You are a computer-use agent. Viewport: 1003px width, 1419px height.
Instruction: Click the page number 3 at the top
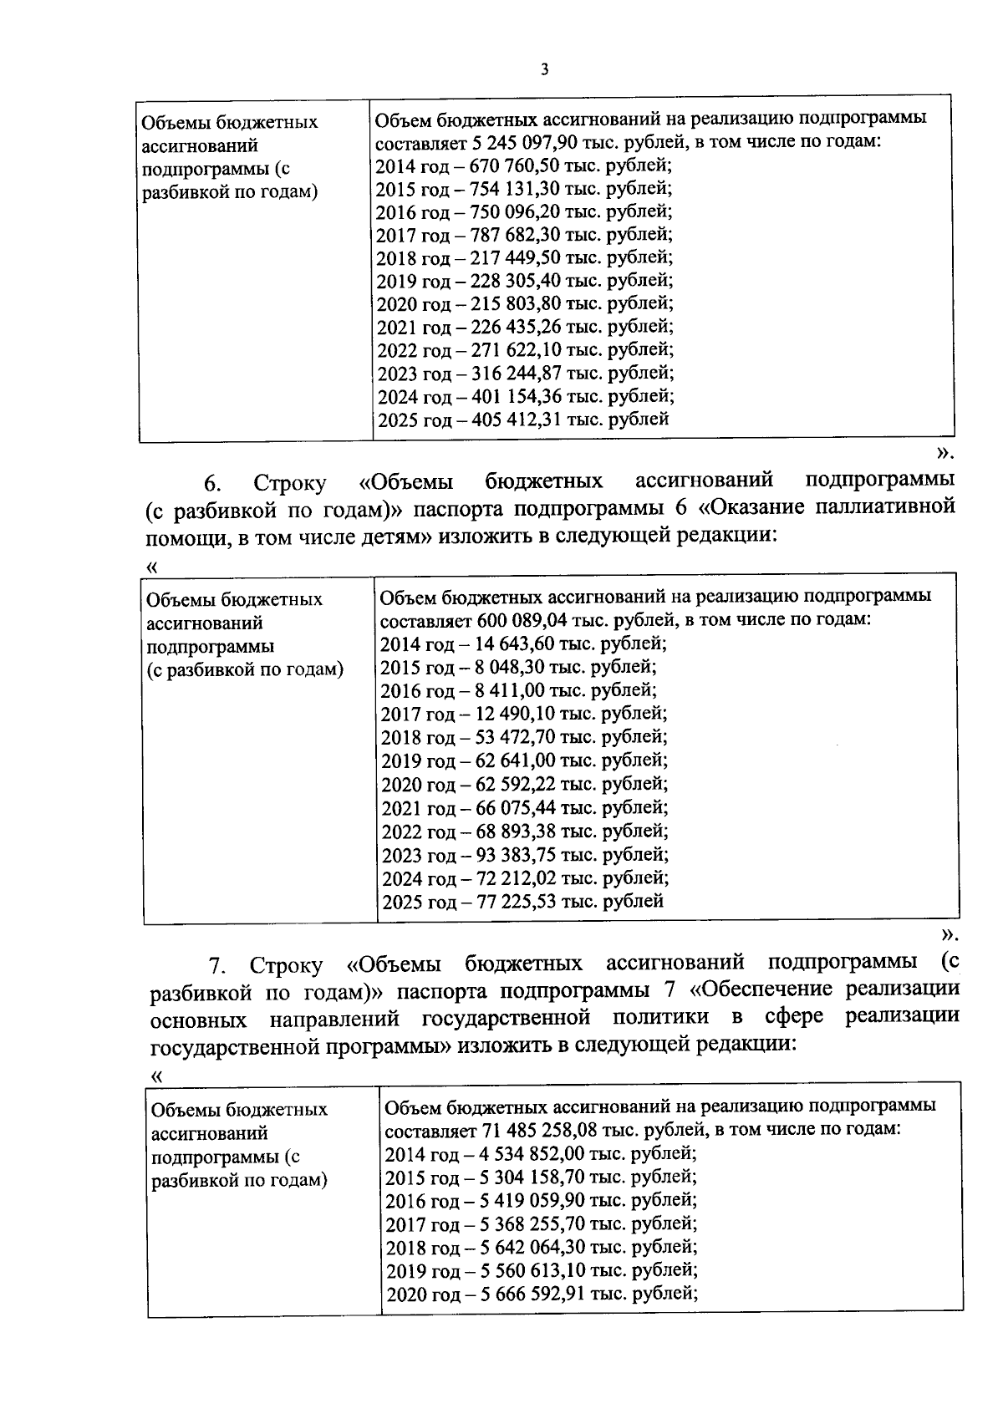point(544,70)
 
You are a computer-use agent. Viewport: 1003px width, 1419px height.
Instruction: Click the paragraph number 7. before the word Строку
point(218,966)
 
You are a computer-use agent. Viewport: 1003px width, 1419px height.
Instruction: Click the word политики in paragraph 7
point(660,1017)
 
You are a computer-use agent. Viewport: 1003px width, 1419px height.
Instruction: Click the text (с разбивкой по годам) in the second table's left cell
point(245,670)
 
